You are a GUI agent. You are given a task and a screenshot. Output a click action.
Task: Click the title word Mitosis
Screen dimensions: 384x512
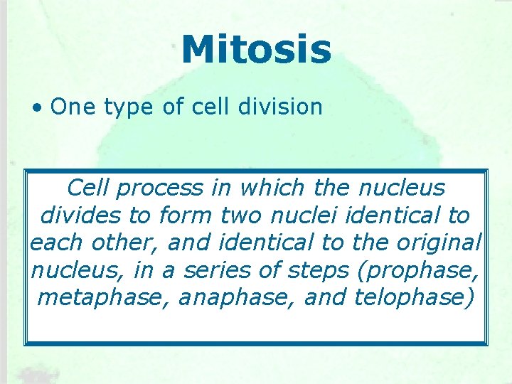pyautogui.click(x=256, y=50)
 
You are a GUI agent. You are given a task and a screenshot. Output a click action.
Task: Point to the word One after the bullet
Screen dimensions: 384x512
pyautogui.click(x=75, y=107)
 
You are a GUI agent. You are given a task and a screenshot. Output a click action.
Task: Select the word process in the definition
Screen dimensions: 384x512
pyautogui.click(x=160, y=189)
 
